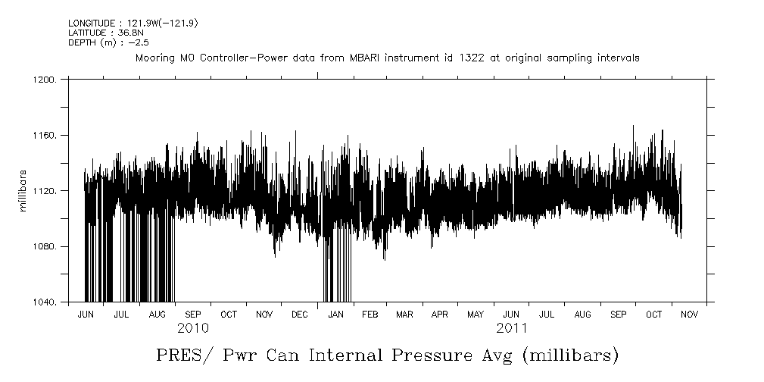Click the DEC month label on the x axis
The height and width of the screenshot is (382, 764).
(299, 314)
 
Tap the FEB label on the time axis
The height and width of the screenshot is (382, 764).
(370, 314)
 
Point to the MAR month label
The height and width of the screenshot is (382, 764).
(404, 314)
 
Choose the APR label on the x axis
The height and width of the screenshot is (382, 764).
(440, 314)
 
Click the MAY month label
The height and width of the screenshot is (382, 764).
(476, 314)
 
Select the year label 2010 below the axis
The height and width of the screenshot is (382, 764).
(192, 328)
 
